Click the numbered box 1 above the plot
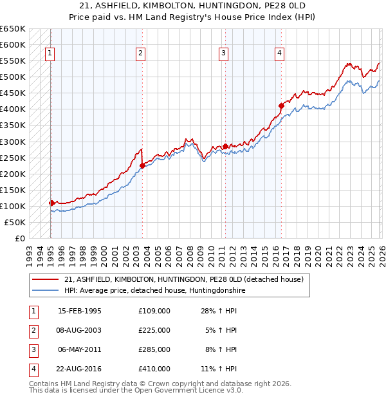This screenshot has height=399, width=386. coord(50,54)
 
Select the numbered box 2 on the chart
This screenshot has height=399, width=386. coord(140,54)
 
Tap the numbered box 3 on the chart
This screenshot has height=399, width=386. coord(223,54)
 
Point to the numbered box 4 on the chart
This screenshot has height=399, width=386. coord(280,54)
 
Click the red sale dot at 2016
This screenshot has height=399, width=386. coord(281,106)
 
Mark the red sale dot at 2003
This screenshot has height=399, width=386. coord(142,165)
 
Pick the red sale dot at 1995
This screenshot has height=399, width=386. coord(51,203)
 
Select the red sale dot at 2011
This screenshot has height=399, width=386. coord(225,146)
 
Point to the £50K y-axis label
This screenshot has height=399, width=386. coord(15,222)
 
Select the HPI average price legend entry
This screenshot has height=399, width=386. coord(155,290)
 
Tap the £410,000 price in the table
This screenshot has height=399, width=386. coord(154,369)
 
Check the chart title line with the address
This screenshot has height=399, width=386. coord(193,6)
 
